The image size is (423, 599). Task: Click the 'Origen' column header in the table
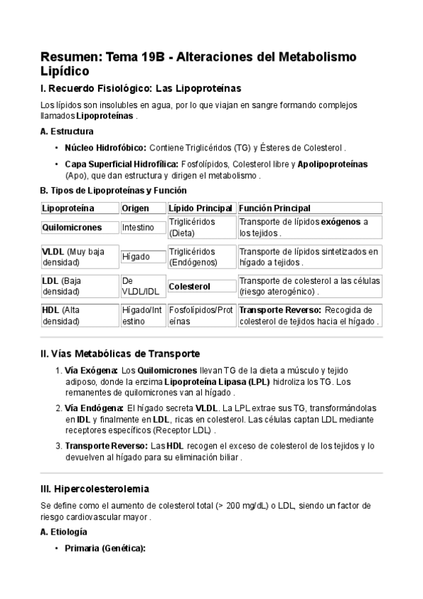point(134,208)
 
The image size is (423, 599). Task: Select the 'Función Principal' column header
point(275,208)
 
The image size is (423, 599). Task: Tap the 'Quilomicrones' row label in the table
point(72,227)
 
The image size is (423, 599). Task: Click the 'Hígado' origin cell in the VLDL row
point(136,257)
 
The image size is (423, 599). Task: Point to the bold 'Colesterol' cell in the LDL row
point(190,287)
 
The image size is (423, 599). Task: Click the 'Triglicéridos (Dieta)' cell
point(192,227)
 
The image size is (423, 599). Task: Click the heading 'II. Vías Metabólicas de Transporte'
point(121,353)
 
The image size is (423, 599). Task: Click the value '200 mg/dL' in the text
point(230,506)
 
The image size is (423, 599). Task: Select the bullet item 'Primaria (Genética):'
point(105,548)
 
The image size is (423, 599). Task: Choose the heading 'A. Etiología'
point(64,531)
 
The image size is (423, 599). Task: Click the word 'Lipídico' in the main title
point(65,71)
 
